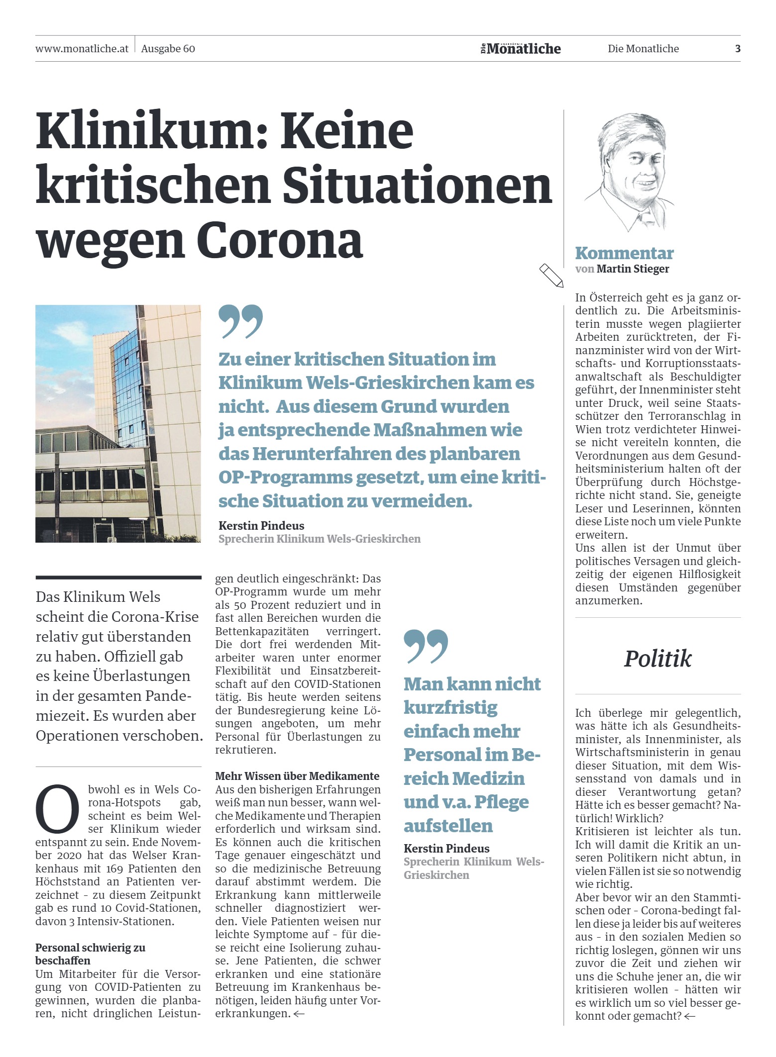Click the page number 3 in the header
point(738,49)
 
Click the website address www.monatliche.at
point(82,49)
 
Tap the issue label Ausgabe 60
point(168,49)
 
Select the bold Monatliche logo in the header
point(523,49)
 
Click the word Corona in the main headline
point(279,241)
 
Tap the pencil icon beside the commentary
point(552,275)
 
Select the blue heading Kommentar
point(624,253)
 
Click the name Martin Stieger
point(633,269)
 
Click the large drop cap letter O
point(57,809)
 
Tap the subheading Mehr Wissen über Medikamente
point(297,776)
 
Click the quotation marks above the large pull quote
point(240,321)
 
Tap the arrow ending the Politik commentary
point(689,1016)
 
